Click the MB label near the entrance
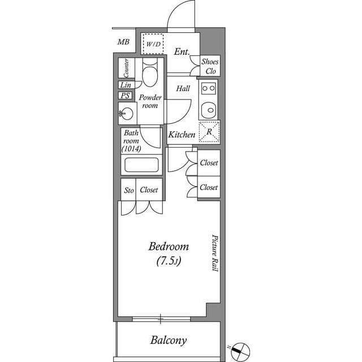click(x=123, y=42)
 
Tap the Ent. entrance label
click(x=182, y=52)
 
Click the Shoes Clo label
click(x=210, y=66)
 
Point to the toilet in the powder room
click(x=150, y=76)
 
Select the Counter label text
click(x=126, y=69)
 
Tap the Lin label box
click(x=126, y=85)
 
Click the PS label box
click(x=126, y=96)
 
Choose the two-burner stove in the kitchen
click(x=209, y=88)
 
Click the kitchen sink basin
click(x=209, y=109)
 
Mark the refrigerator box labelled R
click(x=209, y=131)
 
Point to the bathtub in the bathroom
click(x=141, y=165)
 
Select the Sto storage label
click(x=128, y=191)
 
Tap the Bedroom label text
click(x=169, y=247)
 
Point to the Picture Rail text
click(x=215, y=253)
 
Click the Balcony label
click(x=168, y=341)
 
